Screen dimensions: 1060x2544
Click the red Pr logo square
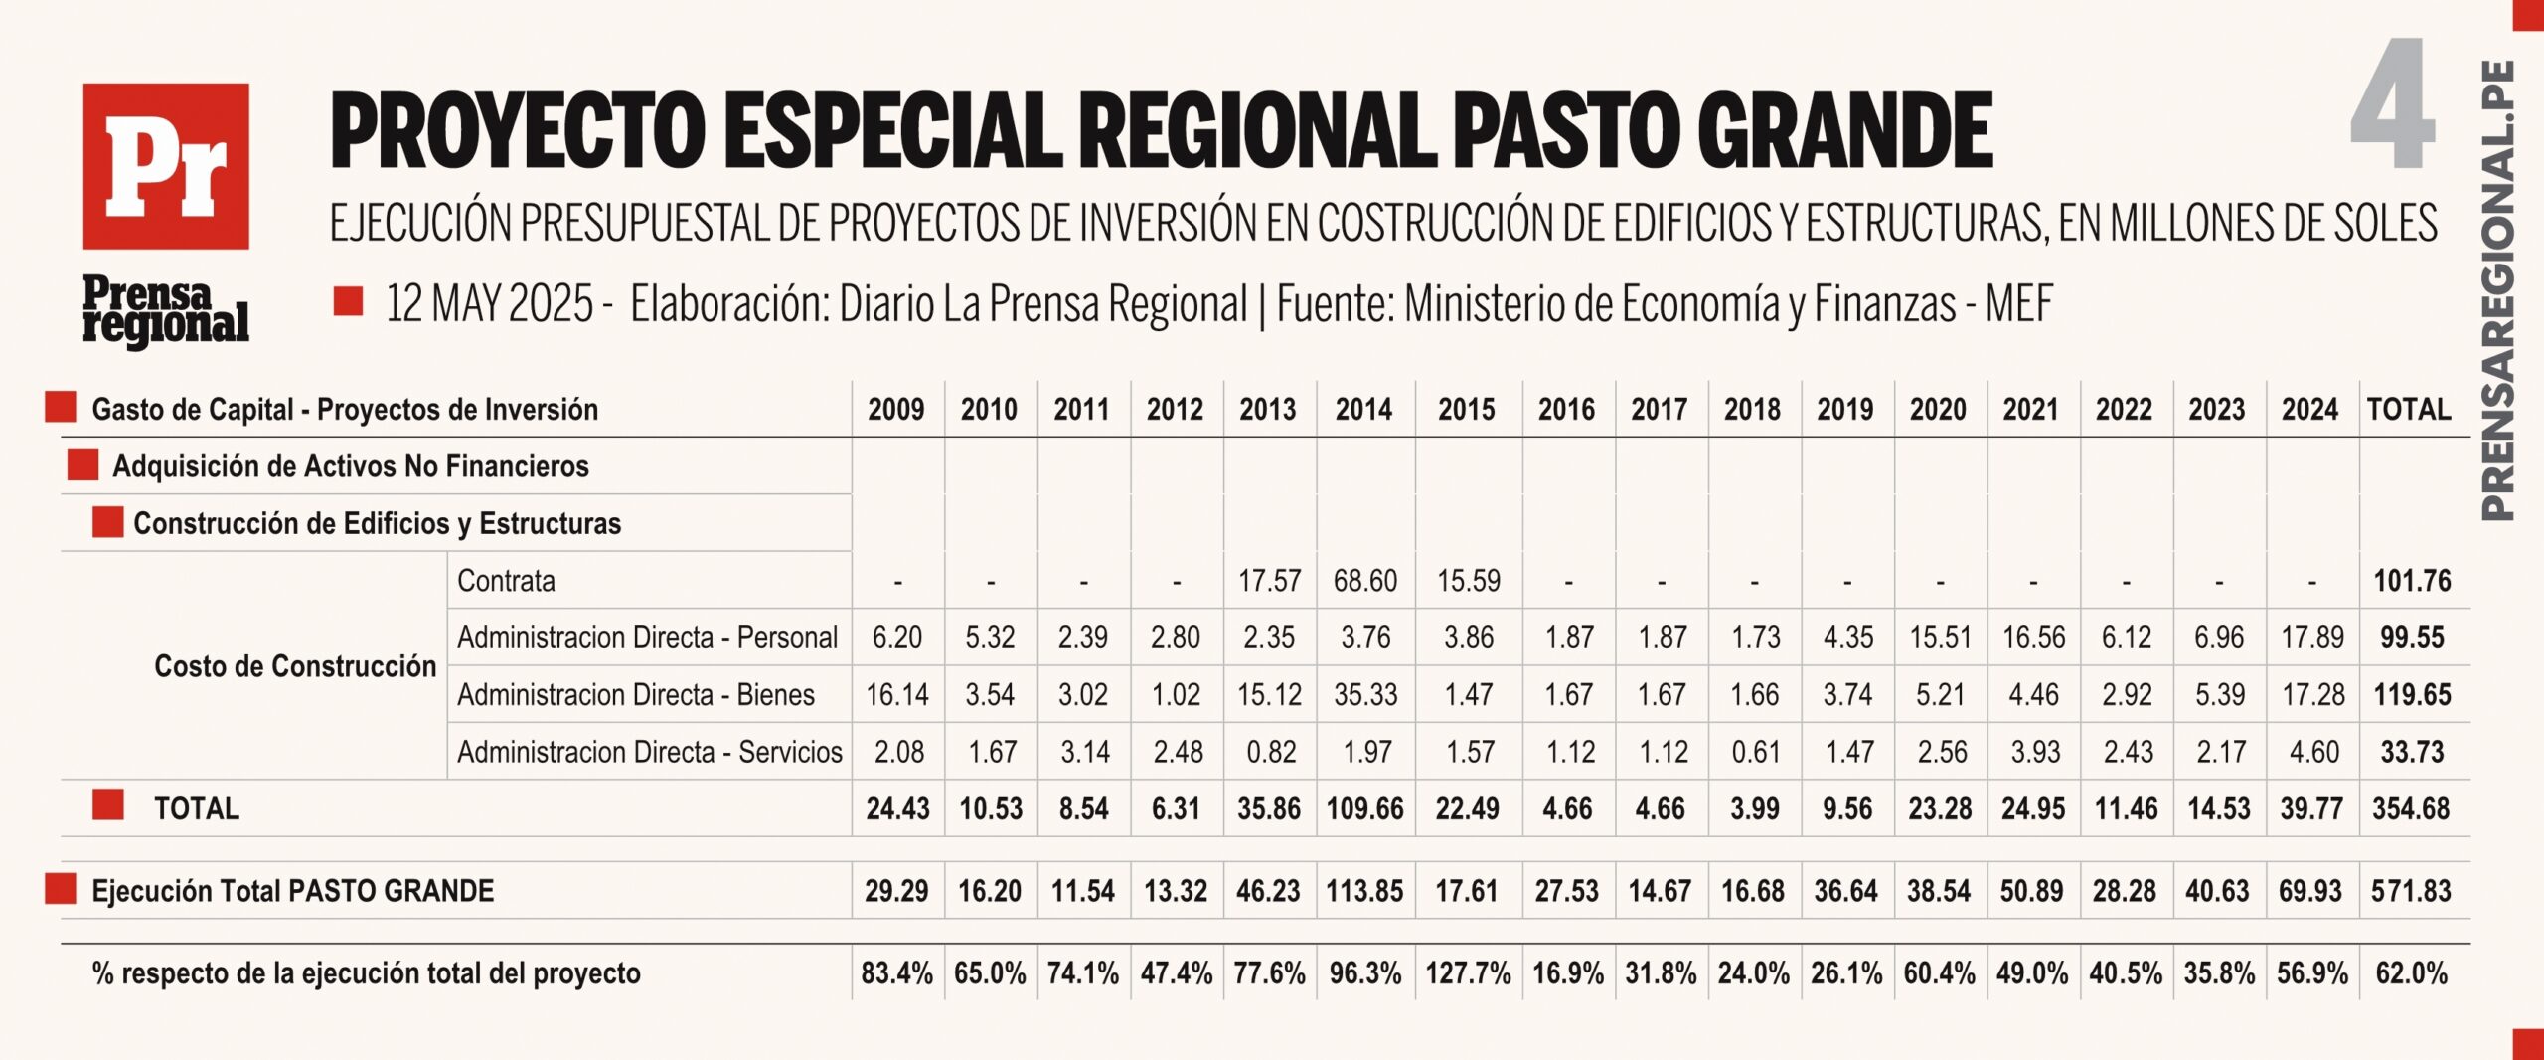(166, 166)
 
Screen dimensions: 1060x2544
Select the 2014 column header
(1364, 410)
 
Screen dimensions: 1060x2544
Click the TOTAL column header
(2409, 410)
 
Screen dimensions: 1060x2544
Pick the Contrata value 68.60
(1364, 581)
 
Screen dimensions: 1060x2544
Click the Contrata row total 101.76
(2412, 581)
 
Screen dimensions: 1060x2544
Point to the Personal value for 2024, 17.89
(2311, 637)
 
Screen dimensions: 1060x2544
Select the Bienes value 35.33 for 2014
(1364, 695)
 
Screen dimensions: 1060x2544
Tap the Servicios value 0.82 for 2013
(1271, 752)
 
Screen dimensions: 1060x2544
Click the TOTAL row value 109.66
(1364, 809)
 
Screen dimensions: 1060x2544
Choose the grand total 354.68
(2412, 809)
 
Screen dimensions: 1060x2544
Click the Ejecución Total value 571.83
(2412, 891)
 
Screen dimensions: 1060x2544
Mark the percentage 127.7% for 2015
(1468, 973)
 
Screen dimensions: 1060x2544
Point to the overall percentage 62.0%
(2412, 973)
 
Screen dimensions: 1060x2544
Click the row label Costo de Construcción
(295, 666)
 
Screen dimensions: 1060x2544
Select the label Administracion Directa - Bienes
(636, 695)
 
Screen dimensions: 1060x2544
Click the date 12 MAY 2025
(489, 304)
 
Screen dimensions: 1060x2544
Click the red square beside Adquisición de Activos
(82, 465)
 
